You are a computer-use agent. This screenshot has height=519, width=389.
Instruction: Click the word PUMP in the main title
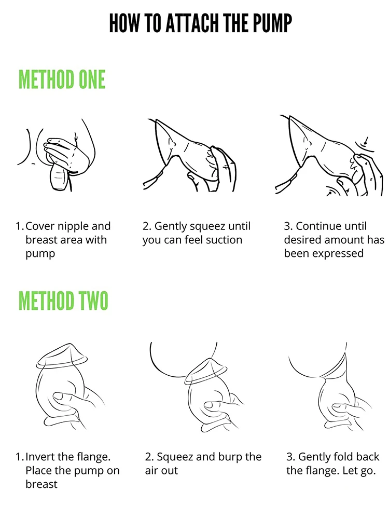coord(273,23)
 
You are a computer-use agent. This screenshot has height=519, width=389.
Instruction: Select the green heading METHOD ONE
coord(62,79)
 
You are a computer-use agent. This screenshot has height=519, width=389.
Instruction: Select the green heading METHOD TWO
coord(63,301)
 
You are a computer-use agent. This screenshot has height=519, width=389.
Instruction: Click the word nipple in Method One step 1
coord(73,227)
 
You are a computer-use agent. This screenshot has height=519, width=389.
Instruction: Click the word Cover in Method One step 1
coord(40,226)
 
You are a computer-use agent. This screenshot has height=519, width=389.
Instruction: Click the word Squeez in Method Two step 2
coord(175,457)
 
